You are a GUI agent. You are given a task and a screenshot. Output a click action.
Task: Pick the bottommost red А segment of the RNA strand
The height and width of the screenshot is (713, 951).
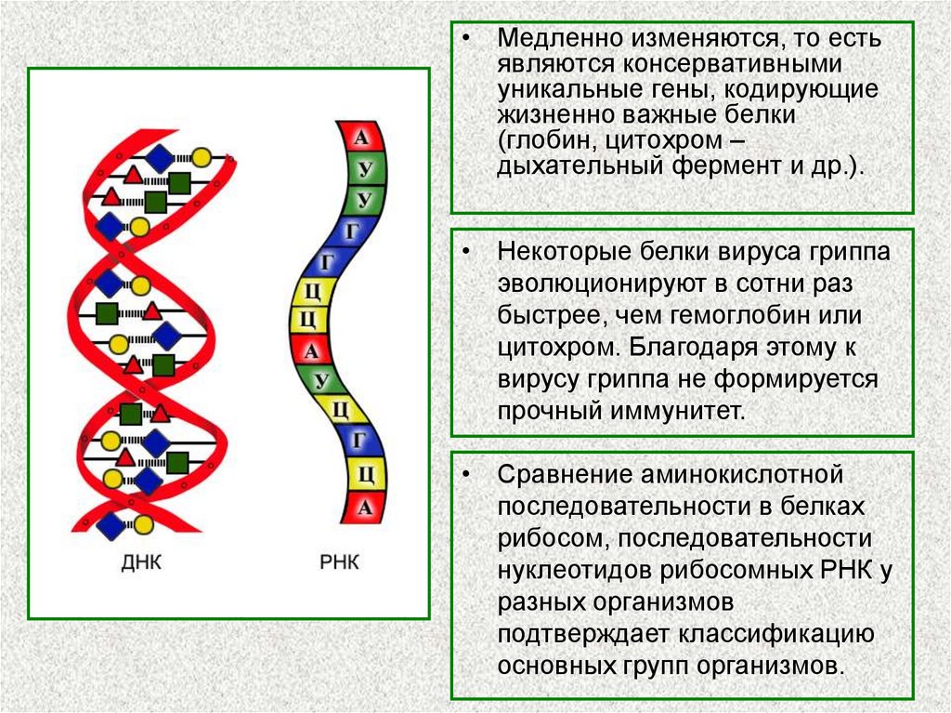pos(364,507)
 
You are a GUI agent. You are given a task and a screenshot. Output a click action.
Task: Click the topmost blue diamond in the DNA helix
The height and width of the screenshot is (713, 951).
pos(160,159)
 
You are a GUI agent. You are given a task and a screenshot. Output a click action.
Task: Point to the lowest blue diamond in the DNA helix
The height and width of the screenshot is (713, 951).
pos(111,525)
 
